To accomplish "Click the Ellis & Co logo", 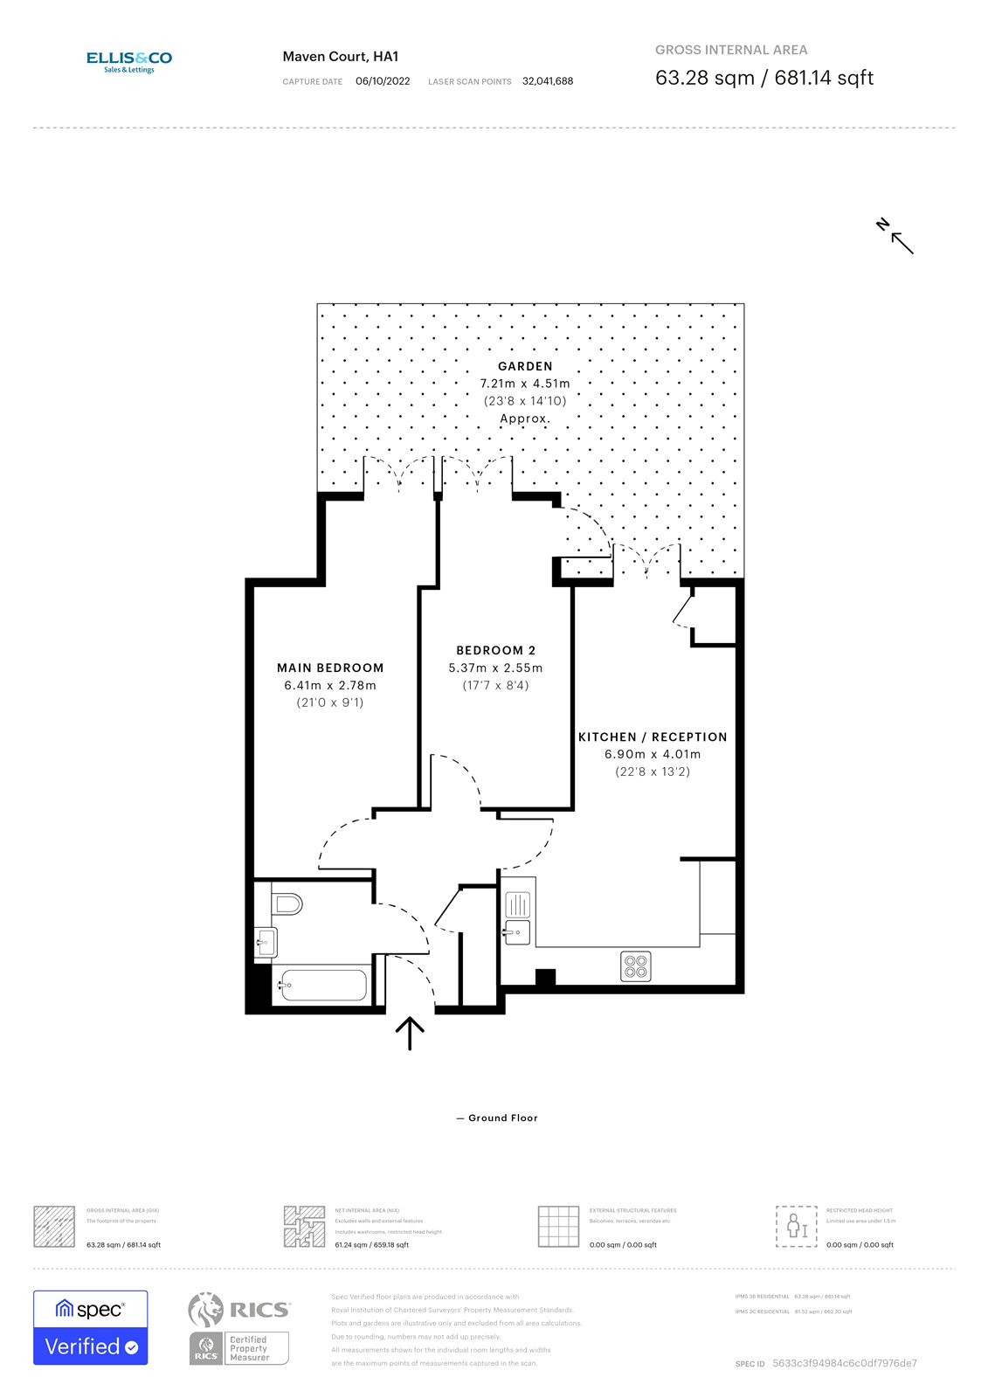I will (x=128, y=61).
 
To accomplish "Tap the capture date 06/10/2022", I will (x=383, y=81).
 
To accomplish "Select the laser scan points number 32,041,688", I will (x=548, y=81).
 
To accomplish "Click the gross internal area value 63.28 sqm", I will (x=704, y=78).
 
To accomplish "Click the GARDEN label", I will (x=525, y=366).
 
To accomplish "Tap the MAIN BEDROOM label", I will (x=330, y=668).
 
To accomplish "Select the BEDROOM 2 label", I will (x=495, y=650).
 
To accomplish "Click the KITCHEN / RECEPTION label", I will (x=653, y=737).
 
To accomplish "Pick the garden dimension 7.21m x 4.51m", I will (x=525, y=384).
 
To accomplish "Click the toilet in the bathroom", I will (x=287, y=903).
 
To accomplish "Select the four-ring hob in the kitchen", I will (x=636, y=966).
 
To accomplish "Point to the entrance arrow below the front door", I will (x=410, y=1032).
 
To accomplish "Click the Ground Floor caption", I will (x=501, y=1118).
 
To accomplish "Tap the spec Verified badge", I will (x=91, y=1327).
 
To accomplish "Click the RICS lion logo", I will (x=206, y=1310).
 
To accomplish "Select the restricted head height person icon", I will (x=796, y=1226).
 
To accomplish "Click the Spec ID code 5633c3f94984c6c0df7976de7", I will (x=844, y=1363).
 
